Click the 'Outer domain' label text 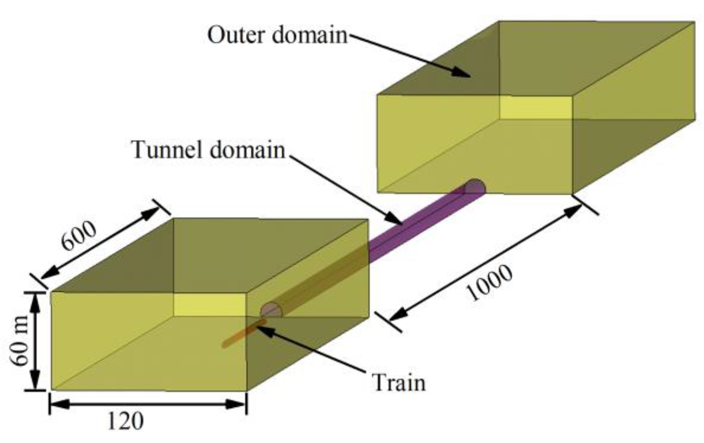pyautogui.click(x=277, y=36)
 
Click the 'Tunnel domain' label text pyautogui.click(x=208, y=150)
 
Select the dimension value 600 pyautogui.click(x=79, y=236)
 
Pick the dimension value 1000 pyautogui.click(x=489, y=283)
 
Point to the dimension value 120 pyautogui.click(x=125, y=421)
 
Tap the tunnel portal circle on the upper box pyautogui.click(x=475, y=187)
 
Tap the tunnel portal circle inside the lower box pyautogui.click(x=271, y=311)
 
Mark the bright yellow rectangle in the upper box pyautogui.click(x=535, y=107)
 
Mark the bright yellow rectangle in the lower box pyautogui.click(x=209, y=305)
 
